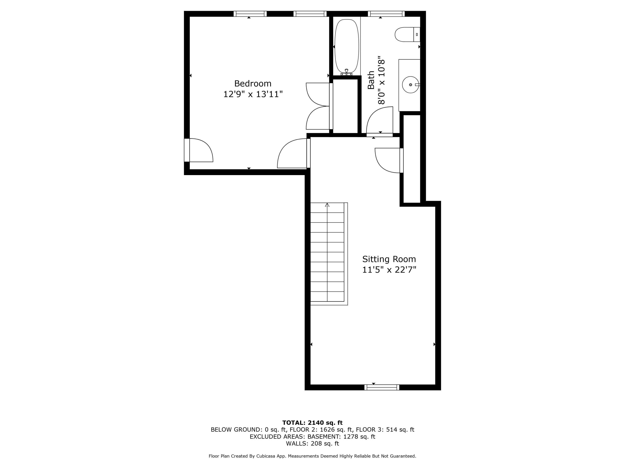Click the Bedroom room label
tap(252, 84)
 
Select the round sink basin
tap(410, 85)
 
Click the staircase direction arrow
tap(327, 205)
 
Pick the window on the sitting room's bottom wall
tap(381, 387)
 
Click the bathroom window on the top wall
tap(386, 14)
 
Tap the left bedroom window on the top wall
tap(250, 14)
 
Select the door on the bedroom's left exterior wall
tap(199, 150)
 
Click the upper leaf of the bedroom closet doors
tap(318, 94)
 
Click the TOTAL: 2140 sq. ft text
tap(312, 423)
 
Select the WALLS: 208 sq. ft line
tap(312, 444)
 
